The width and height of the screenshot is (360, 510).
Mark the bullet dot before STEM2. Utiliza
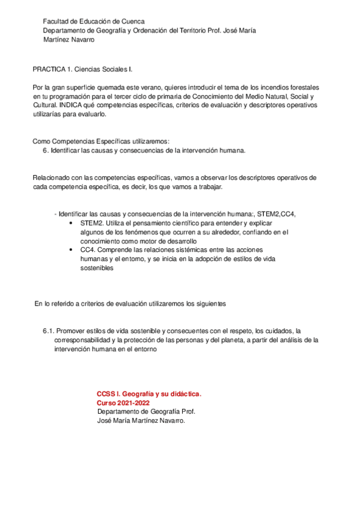coord(73,223)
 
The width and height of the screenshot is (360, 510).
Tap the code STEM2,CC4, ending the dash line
coord(276,214)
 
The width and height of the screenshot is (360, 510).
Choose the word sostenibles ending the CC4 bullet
coord(97,268)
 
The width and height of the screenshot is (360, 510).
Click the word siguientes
coord(207,304)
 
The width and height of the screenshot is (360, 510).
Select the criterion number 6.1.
coord(49,331)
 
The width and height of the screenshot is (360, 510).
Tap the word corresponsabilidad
coord(84,340)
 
